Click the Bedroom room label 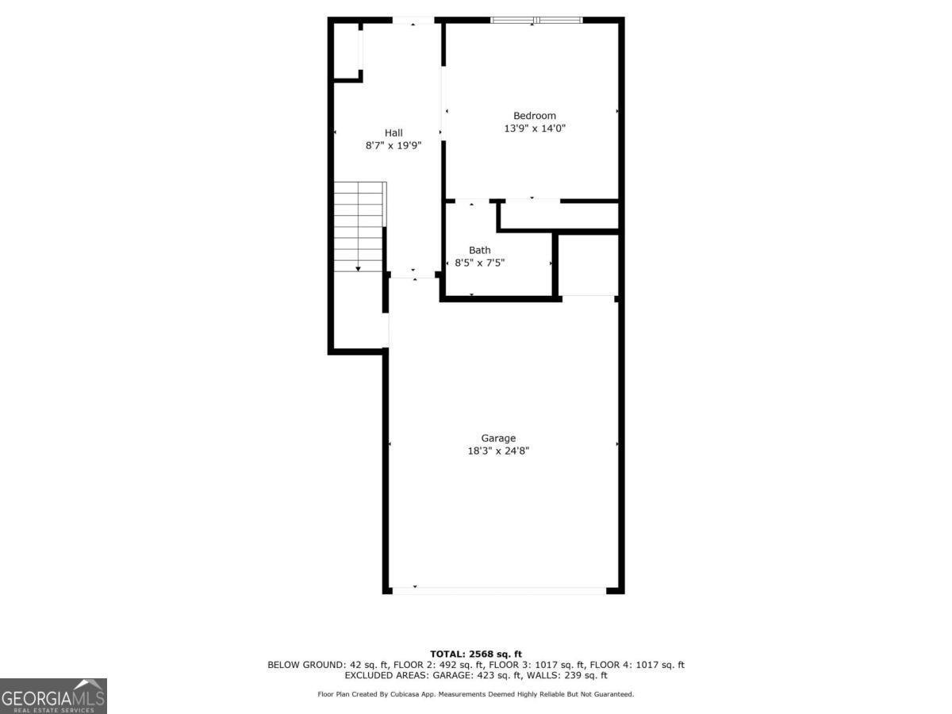click(534, 116)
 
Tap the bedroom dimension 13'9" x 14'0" click(534, 129)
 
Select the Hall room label click(393, 132)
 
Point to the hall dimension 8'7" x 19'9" click(393, 145)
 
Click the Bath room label click(479, 251)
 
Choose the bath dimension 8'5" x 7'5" click(479, 263)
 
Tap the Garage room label click(498, 438)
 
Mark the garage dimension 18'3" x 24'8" click(498, 451)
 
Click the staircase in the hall click(359, 227)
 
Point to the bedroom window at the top click(536, 20)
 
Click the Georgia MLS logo click(53, 696)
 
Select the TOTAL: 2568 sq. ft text click(476, 654)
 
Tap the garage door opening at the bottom click(498, 590)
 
